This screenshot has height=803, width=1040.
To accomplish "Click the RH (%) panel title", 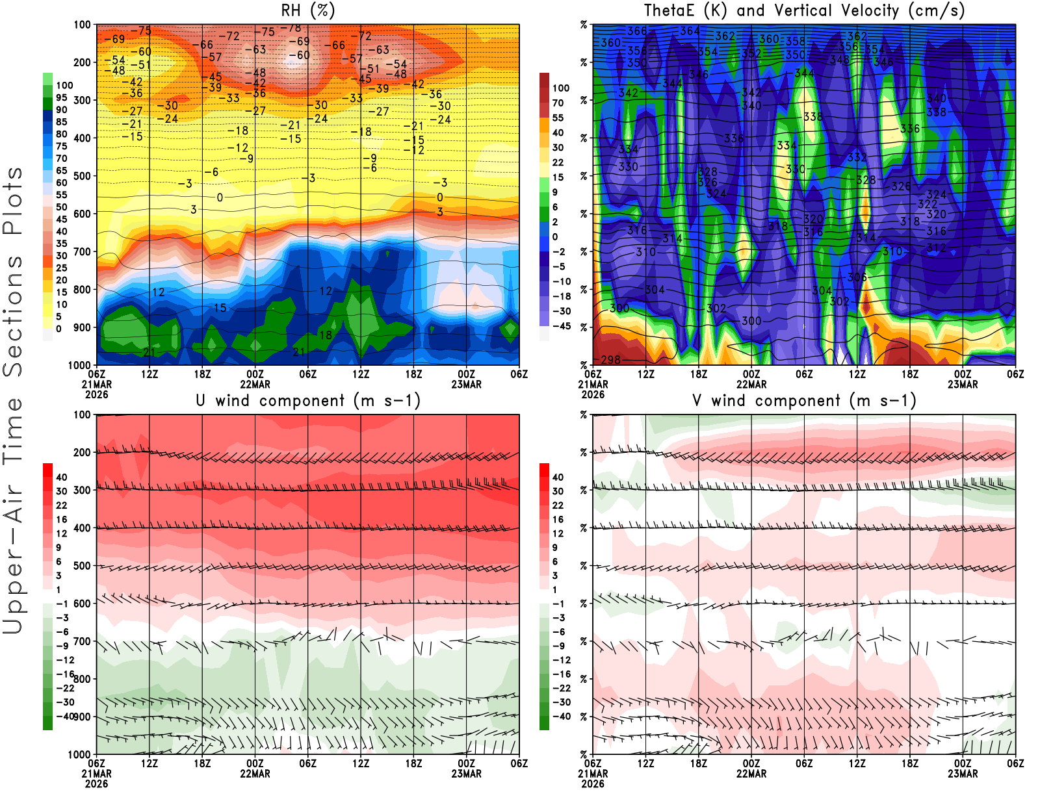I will pos(307,10).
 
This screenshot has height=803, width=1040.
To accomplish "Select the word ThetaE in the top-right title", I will pos(669,10).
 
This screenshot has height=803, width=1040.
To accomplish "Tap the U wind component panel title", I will pos(308,401).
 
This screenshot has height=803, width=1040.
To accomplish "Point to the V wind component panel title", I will pos(804,401).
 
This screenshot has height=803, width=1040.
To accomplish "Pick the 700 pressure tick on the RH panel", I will pos(83,251).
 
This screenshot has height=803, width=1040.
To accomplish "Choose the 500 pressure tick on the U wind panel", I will pos(83,566).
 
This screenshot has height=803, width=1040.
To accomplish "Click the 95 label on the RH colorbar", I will pos(61,97).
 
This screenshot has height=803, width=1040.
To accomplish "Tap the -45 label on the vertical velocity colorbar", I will pos(561,326).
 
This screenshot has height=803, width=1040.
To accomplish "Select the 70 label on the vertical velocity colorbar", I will pos(558,103).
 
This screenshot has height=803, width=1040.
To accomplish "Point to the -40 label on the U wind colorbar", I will pos(64,716).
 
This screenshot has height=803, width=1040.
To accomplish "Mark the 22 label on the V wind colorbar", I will pos(558,505).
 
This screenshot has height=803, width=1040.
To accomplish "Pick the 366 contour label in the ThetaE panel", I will pos(637,31).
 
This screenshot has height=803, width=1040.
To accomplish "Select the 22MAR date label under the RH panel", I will pos(255,384).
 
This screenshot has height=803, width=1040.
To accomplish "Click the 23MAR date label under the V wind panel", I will pos(963,774).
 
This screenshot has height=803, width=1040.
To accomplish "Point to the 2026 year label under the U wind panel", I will pos(96,784).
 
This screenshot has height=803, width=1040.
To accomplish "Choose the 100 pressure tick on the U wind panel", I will pos(83,414).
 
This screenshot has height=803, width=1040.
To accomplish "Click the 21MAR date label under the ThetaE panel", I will pos(593,384).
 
